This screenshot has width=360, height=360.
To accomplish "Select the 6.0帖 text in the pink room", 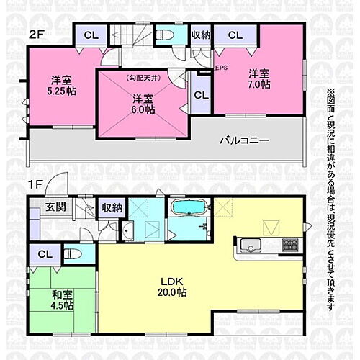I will pyautogui.click(x=143, y=111).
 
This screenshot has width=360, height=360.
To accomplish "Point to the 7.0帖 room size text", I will pyautogui.click(x=260, y=85).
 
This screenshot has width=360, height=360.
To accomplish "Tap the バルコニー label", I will pyautogui.click(x=244, y=140).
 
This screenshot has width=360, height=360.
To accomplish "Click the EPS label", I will pyautogui.click(x=220, y=69).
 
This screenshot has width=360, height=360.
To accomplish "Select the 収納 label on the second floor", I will pyautogui.click(x=200, y=35).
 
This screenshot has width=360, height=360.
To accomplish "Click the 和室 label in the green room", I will pyautogui.click(x=62, y=294).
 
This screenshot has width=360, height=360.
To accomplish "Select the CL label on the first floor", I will pyautogui.click(x=44, y=254).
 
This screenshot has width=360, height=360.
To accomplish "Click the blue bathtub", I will pyautogui.click(x=189, y=209).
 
